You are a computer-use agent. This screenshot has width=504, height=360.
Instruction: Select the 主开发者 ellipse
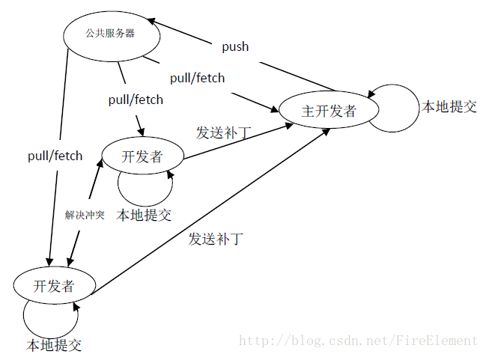coord(329,112)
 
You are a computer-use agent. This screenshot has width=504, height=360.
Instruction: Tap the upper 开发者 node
coord(142,156)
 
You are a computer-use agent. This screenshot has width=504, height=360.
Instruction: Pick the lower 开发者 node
coord(54,285)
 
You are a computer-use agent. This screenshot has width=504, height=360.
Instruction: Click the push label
coord(235,46)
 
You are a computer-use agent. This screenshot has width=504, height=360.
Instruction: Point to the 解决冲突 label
coord(84,215)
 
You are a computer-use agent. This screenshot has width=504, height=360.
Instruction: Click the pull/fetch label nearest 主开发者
coord(197,77)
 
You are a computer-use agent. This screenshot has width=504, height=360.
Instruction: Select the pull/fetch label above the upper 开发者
coord(136,99)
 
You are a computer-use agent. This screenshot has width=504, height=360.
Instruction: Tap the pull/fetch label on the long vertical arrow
coord(55,156)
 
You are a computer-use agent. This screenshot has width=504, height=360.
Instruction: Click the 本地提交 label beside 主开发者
coord(449,106)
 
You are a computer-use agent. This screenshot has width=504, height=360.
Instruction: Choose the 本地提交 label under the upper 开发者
coord(144,216)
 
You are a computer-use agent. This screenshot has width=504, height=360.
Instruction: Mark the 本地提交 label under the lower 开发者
coord(54,345)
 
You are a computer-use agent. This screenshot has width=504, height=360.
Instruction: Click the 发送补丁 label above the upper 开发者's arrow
coord(223,132)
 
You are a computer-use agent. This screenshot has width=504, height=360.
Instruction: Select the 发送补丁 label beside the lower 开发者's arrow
coord(216,240)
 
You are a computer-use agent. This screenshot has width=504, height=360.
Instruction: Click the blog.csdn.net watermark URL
coord(357,341)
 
